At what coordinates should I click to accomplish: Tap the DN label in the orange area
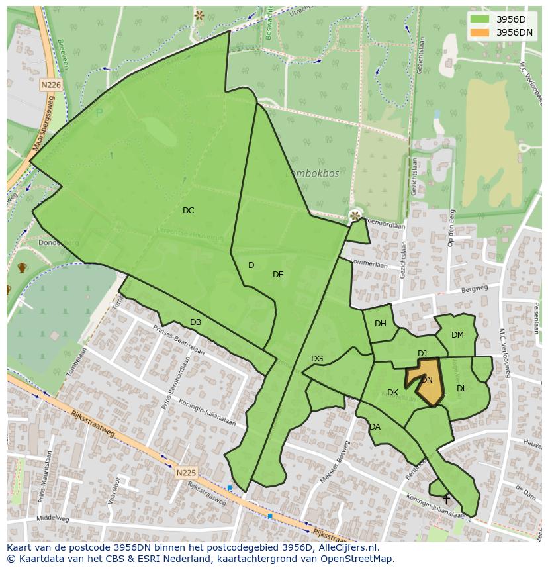coord(427,380)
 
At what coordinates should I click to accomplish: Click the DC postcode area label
coord(189,211)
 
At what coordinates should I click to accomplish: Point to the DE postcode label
coord(278,275)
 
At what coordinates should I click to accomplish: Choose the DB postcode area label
coord(195,322)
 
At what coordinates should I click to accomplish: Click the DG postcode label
coord(317,359)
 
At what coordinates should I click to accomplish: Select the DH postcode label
coord(381,324)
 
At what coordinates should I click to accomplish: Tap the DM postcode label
coord(457,335)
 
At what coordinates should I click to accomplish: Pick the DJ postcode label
coord(422,354)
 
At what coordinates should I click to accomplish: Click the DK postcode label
coord(392,393)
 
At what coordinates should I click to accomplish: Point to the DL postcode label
coord(462,389)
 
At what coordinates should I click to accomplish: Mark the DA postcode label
coord(375,427)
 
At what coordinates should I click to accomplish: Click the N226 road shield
coord(50,85)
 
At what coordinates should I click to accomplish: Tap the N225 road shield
coord(186,473)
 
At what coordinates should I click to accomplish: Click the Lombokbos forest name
coord(313,173)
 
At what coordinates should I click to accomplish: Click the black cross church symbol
coord(446,499)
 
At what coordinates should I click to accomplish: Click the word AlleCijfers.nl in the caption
coord(346,547)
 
